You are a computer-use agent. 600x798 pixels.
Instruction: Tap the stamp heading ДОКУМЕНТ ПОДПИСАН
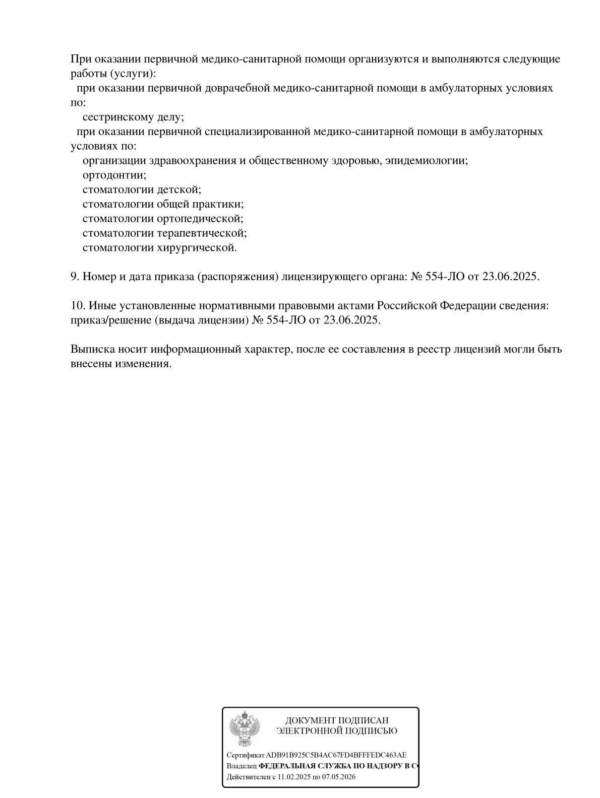click(337, 721)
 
